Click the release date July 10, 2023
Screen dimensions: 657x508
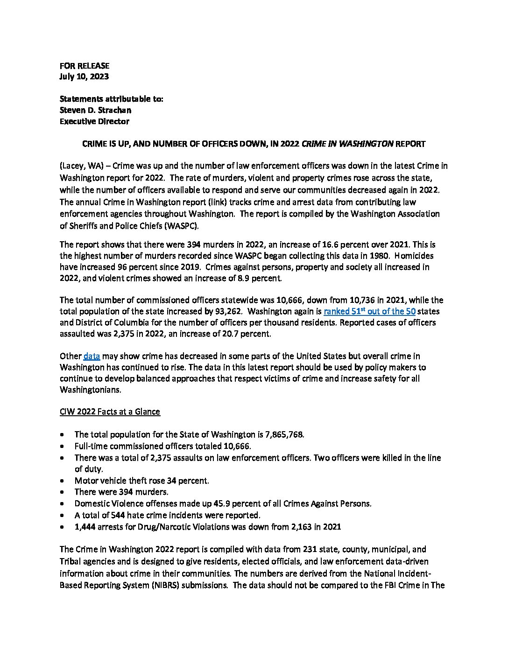(84, 77)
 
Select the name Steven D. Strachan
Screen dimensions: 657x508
(95, 110)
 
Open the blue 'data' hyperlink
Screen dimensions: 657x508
(92, 356)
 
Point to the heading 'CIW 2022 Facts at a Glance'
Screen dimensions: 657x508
(110, 412)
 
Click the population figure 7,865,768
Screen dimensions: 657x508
(284, 434)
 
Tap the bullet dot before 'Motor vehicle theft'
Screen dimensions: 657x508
(63, 481)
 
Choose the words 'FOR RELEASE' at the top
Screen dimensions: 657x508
(84, 66)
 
